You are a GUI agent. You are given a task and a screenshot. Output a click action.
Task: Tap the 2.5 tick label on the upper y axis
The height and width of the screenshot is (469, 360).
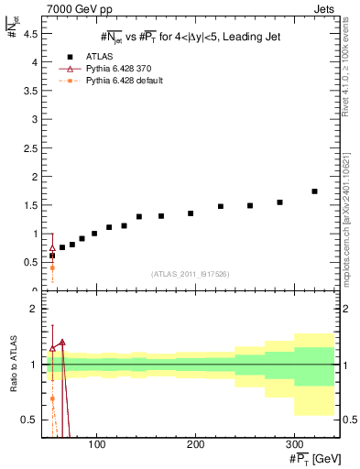[28, 148]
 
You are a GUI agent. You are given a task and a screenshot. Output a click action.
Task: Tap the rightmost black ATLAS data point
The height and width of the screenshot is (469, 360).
[314, 191]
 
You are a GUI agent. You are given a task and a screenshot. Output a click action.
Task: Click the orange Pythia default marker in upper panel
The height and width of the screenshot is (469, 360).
[52, 267]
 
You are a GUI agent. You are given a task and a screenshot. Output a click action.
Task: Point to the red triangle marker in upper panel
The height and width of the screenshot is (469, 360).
[52, 248]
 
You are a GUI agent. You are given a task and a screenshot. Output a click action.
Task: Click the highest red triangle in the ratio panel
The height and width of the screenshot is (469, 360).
[62, 343]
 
